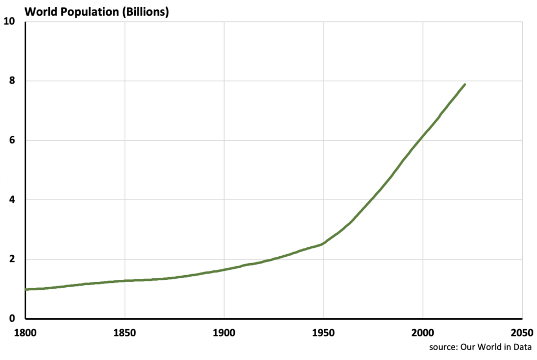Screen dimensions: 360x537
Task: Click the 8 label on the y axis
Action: tap(12, 81)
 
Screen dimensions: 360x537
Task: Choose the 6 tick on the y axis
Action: tap(12, 140)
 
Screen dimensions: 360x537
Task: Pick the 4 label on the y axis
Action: tap(12, 200)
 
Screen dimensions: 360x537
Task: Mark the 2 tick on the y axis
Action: tap(12, 259)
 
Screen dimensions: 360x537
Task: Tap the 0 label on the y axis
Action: tap(12, 319)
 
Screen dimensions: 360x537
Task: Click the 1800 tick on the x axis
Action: tap(26, 332)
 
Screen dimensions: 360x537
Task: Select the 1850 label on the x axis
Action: tap(125, 332)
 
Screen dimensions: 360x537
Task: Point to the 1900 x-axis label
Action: tap(224, 332)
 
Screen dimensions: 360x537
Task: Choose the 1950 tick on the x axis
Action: tap(324, 332)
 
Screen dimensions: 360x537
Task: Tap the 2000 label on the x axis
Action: tap(423, 332)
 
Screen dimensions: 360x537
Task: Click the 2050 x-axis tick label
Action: tap(522, 332)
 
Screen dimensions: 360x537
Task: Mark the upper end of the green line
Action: tap(465, 84)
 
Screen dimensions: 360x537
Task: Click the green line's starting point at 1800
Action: tap(26, 289)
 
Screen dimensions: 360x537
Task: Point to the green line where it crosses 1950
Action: tap(324, 243)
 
